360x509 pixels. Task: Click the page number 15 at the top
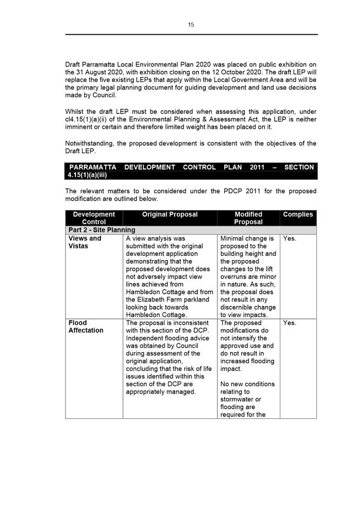(x=191, y=24)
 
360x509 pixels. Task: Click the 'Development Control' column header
(x=94, y=218)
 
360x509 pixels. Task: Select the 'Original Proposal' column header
(x=169, y=214)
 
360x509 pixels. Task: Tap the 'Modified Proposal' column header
(x=248, y=218)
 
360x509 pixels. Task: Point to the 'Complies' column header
(x=298, y=214)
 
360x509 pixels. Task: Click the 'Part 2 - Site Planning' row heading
(x=101, y=230)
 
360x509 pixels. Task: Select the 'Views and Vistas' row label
(x=84, y=242)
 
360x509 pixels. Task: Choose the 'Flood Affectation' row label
(x=86, y=326)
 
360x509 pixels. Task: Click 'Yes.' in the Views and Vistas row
(x=290, y=238)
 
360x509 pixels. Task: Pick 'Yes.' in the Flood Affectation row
(x=290, y=323)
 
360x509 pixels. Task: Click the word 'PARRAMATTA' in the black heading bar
(x=93, y=167)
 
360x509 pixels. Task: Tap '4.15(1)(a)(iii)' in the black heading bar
(x=88, y=175)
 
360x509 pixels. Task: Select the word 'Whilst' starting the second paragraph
(x=75, y=111)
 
